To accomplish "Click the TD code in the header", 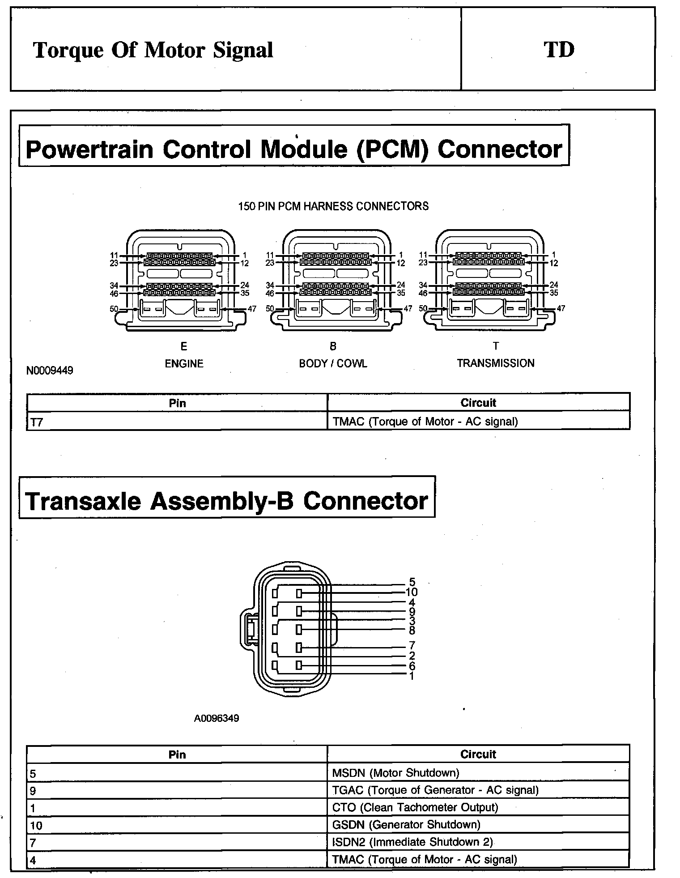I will click(559, 49).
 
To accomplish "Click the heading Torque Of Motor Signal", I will click(153, 50).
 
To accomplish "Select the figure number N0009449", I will click(50, 370).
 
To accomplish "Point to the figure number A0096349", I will click(217, 718).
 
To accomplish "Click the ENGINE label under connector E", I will click(184, 363).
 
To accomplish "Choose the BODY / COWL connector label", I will click(333, 363).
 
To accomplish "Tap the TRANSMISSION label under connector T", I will click(495, 363).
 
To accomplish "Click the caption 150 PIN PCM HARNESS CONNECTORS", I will click(333, 206).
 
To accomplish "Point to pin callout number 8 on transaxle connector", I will click(412, 631).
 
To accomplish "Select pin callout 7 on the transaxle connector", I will click(412, 645).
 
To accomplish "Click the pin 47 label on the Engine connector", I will click(252, 309).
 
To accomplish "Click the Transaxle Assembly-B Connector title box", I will click(226, 501).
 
